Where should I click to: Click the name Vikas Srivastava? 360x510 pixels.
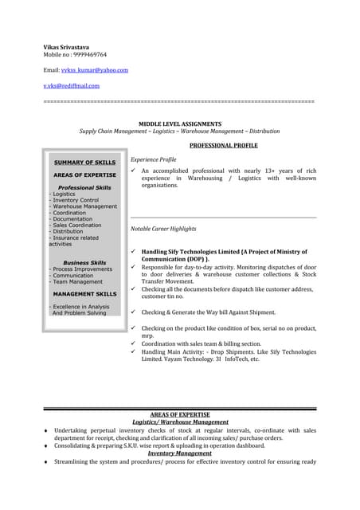point(68,47)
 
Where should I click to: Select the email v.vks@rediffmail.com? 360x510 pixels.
point(71,85)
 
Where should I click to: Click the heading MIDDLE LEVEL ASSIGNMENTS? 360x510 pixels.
point(180,124)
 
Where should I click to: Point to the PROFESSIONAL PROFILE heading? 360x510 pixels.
point(224,146)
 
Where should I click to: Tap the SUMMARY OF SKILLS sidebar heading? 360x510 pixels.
point(84,162)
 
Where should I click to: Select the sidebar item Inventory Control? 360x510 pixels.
point(76,200)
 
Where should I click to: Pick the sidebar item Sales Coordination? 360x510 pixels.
point(77,226)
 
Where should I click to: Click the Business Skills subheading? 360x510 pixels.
point(84,262)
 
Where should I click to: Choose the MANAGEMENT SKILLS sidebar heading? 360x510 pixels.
point(84,294)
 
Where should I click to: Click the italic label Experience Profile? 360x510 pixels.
point(153,159)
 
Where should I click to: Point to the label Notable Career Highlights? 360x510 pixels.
point(162,229)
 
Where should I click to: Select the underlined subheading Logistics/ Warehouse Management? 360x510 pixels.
point(180,422)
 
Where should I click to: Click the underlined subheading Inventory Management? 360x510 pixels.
point(180,453)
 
